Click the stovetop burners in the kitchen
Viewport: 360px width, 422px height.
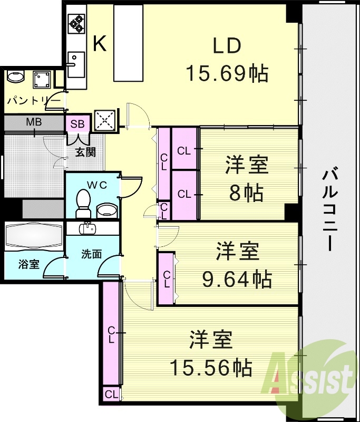point(76,23)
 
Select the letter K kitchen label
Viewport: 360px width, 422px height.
point(100,45)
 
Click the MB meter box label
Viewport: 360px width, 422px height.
point(34,122)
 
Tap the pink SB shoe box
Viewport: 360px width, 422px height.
point(77,124)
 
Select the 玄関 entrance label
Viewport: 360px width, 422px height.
point(85,152)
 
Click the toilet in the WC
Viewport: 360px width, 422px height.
point(83,203)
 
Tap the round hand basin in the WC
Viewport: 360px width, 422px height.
point(108,210)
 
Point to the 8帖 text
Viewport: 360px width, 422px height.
point(246,194)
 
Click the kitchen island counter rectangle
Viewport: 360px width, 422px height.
point(129,44)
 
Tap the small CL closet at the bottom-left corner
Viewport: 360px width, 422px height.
point(111,394)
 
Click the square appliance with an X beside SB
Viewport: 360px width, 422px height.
point(104,121)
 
